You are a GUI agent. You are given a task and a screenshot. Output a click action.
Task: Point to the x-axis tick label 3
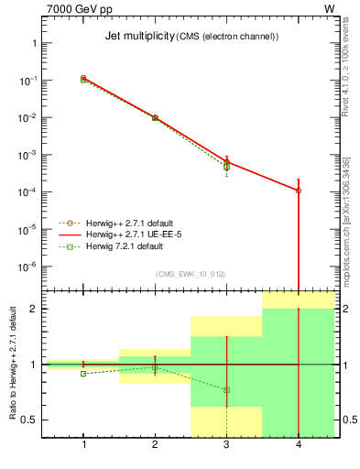pyautogui.click(x=226, y=444)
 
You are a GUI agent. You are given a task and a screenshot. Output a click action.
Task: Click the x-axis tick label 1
pyautogui.click(x=83, y=444)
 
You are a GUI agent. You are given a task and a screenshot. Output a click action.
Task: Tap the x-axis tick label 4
pyautogui.click(x=298, y=444)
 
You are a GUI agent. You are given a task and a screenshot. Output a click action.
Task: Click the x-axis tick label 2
pyautogui.click(x=155, y=444)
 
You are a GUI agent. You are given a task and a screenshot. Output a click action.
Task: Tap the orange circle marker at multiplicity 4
pyautogui.click(x=299, y=191)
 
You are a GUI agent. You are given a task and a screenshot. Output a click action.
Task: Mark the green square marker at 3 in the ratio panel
pyautogui.click(x=226, y=390)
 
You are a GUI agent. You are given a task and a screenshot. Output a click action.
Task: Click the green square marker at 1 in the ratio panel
pyautogui.click(x=83, y=374)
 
